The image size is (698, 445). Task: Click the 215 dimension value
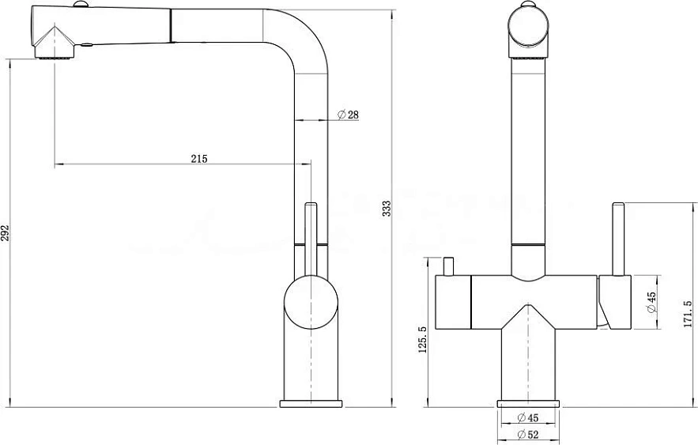[x=199, y=158]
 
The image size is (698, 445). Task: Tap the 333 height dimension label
[x=387, y=209]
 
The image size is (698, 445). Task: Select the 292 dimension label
[x=5, y=233]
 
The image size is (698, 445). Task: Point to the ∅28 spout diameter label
[x=348, y=115]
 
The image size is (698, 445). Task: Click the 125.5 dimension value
[x=422, y=339]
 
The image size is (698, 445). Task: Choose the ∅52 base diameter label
[x=528, y=434]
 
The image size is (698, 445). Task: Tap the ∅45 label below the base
[x=528, y=417]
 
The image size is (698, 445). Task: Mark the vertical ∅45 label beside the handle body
[x=651, y=302]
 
